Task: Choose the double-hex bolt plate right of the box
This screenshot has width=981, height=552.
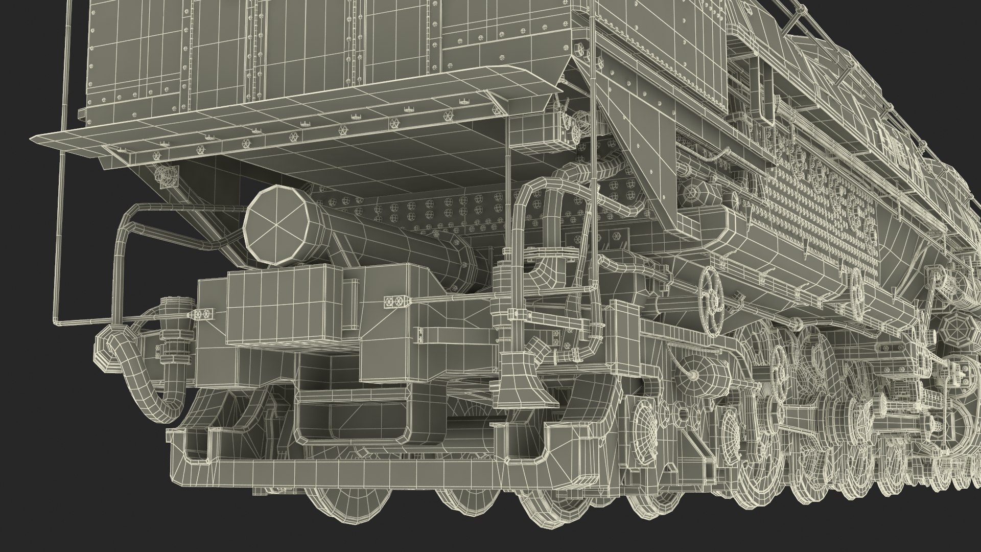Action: tap(396, 301)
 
